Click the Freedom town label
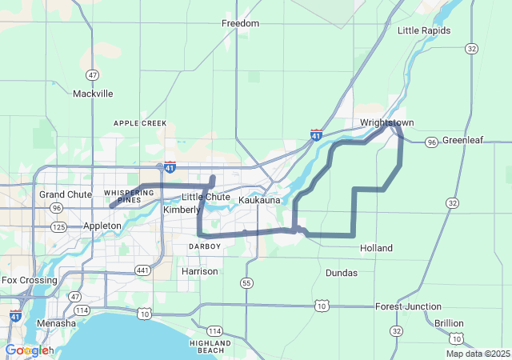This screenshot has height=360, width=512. (x=240, y=23)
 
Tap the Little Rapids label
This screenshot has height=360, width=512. (x=424, y=30)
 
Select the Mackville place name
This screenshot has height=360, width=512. (x=93, y=94)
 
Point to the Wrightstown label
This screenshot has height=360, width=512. (x=386, y=123)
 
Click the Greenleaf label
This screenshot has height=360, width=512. (x=463, y=140)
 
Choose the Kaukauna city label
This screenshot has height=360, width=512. (x=259, y=200)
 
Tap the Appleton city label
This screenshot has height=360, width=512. (x=102, y=226)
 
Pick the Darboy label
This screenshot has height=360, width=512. (x=204, y=246)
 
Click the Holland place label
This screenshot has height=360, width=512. (x=376, y=248)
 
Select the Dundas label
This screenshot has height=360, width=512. (x=342, y=273)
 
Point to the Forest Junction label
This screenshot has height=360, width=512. (x=408, y=306)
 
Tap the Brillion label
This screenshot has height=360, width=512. (x=449, y=323)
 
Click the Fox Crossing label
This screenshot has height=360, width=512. (x=30, y=281)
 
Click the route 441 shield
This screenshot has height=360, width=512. (x=142, y=271)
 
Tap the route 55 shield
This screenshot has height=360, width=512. (x=246, y=283)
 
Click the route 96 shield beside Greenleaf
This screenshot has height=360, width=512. (x=432, y=142)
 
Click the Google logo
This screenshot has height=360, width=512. (x=29, y=350)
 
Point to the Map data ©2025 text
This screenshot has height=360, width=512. (x=477, y=354)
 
